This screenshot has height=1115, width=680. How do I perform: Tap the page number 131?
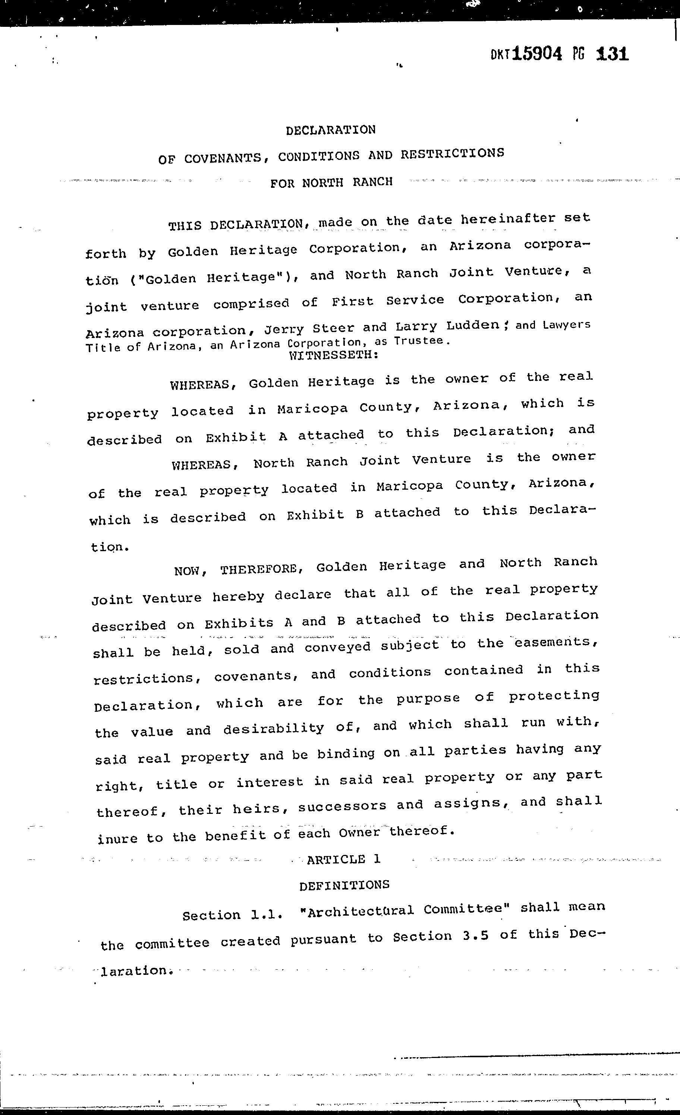[613, 54]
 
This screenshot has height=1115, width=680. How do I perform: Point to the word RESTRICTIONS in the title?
[452, 154]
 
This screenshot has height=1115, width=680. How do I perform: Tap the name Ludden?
[473, 326]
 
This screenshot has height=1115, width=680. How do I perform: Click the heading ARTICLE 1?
[343, 859]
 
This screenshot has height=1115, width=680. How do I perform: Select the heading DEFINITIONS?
[344, 885]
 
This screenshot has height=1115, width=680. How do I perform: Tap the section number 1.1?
[267, 915]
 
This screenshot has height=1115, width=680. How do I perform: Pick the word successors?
[342, 806]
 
